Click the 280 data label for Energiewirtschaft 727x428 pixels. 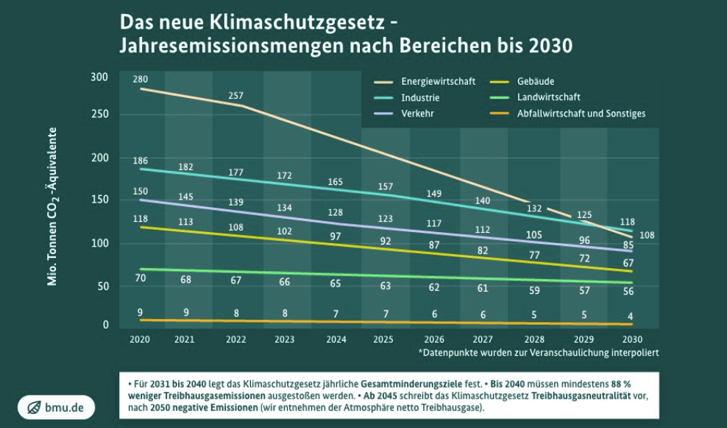(x=140, y=79)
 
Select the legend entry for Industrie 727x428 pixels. (x=420, y=97)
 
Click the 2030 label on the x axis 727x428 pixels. (x=631, y=340)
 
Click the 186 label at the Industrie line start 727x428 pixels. (x=140, y=161)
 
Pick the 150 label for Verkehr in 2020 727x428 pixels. (x=140, y=192)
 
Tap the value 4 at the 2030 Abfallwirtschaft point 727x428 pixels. (x=630, y=316)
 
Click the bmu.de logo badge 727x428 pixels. (x=56, y=407)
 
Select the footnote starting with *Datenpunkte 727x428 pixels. (x=538, y=353)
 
